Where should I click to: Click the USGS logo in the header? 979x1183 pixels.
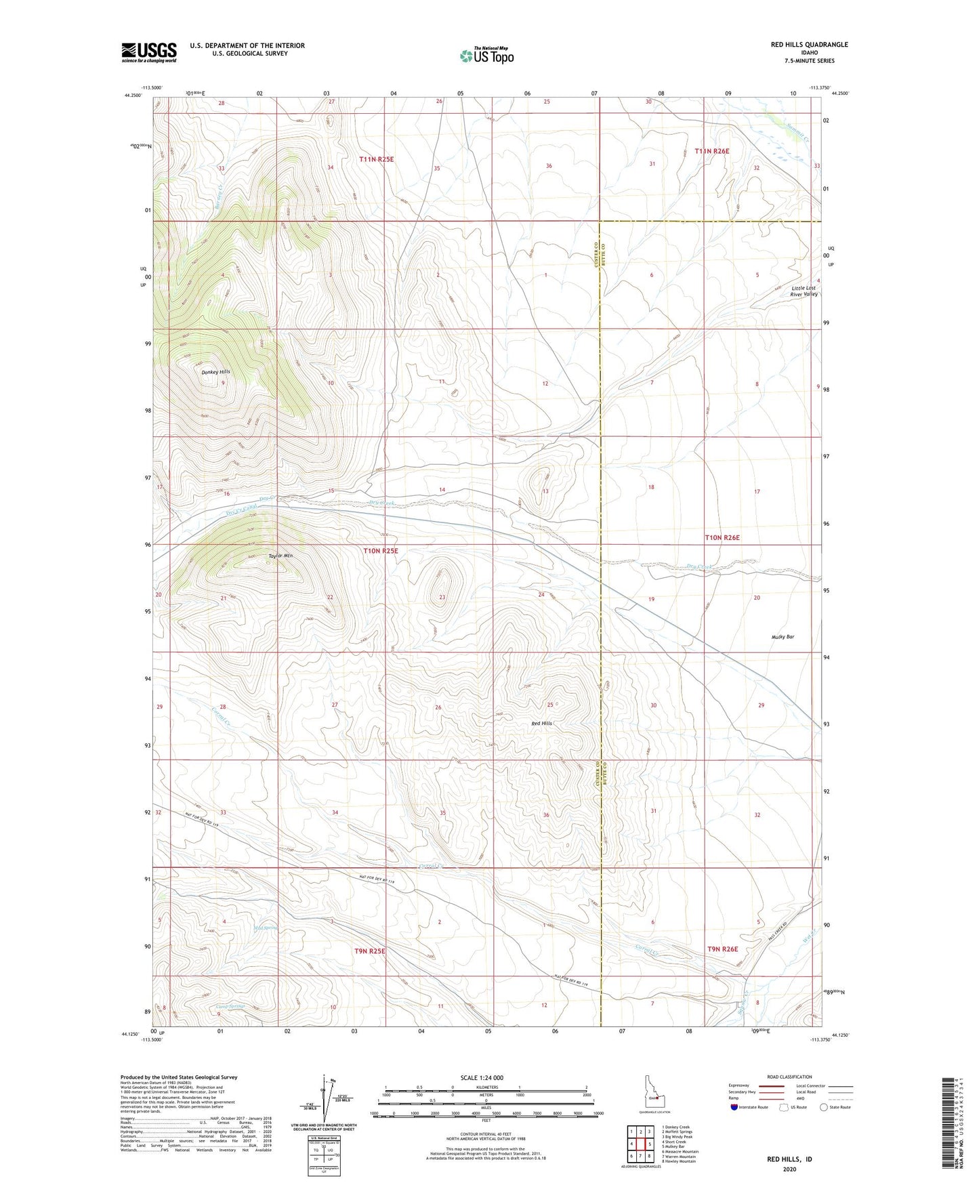coord(149,52)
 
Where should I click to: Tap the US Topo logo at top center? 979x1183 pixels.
coord(486,56)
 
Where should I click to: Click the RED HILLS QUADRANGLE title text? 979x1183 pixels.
coord(809,45)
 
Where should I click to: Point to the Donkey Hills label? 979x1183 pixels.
coord(215,372)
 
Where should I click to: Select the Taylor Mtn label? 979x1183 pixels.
coord(280,556)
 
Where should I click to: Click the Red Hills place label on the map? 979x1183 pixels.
coord(541,724)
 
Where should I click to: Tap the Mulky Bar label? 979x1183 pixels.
coord(783,637)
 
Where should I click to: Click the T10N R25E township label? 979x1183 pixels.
coord(380,551)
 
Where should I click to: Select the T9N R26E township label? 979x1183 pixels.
coord(722,949)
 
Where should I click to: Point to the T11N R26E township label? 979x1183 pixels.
coord(711,152)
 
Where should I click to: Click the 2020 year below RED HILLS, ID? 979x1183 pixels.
coord(789,1169)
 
